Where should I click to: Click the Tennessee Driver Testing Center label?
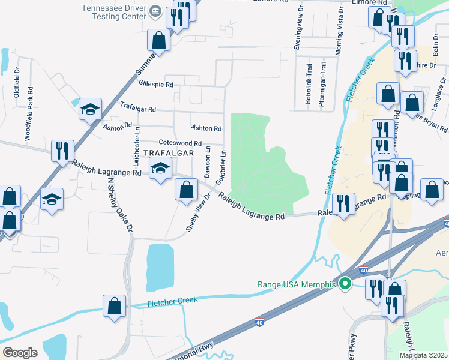pos(113,12)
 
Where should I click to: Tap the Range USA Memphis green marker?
pos(345,284)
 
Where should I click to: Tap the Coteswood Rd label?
pos(179,143)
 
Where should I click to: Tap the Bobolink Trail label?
pos(308,84)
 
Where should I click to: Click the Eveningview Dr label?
pos(296,30)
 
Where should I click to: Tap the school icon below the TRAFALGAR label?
pos(160,170)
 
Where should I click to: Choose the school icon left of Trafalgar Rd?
pos(91,109)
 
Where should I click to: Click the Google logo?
pos(20,353)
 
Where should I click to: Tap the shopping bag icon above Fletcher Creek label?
pos(114,306)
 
